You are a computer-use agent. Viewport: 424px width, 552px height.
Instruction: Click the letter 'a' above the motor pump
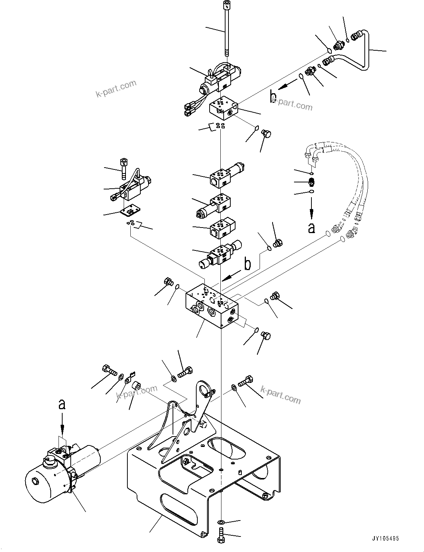pyautogui.click(x=62, y=405)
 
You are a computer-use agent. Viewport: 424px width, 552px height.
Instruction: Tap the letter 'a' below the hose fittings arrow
pyautogui.click(x=311, y=227)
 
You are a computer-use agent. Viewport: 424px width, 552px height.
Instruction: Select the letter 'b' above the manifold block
pyautogui.click(x=247, y=264)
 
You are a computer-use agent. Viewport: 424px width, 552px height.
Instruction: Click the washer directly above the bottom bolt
pyautogui.click(x=221, y=522)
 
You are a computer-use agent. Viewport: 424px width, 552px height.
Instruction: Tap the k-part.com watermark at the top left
pyautogui.click(x=116, y=89)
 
